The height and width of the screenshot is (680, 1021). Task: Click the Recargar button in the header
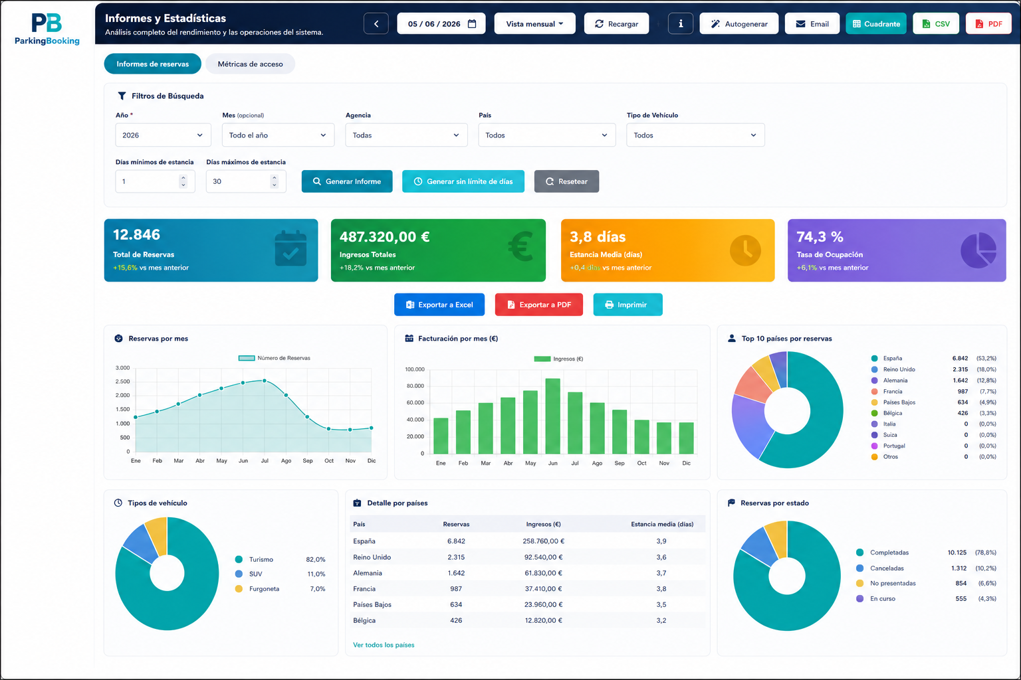616,24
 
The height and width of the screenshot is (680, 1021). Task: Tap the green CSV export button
936,24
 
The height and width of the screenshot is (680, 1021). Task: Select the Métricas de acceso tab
250,64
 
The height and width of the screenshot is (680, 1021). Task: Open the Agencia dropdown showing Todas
406,135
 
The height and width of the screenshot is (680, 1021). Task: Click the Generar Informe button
347,181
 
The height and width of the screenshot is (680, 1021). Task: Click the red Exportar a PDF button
539,305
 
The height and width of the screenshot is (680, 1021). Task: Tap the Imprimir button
627,305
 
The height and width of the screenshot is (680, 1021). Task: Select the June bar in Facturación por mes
553,416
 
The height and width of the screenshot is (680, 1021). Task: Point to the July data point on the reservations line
265,381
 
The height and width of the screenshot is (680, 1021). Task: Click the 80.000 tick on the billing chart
415,386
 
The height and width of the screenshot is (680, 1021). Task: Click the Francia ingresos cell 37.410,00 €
543,588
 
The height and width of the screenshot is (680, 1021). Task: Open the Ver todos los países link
384,645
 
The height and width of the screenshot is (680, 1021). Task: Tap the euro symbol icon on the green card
520,246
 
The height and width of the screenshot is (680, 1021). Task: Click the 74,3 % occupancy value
820,236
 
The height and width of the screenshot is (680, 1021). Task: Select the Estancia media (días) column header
662,524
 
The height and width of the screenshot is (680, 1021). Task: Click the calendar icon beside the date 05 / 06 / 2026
472,24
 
